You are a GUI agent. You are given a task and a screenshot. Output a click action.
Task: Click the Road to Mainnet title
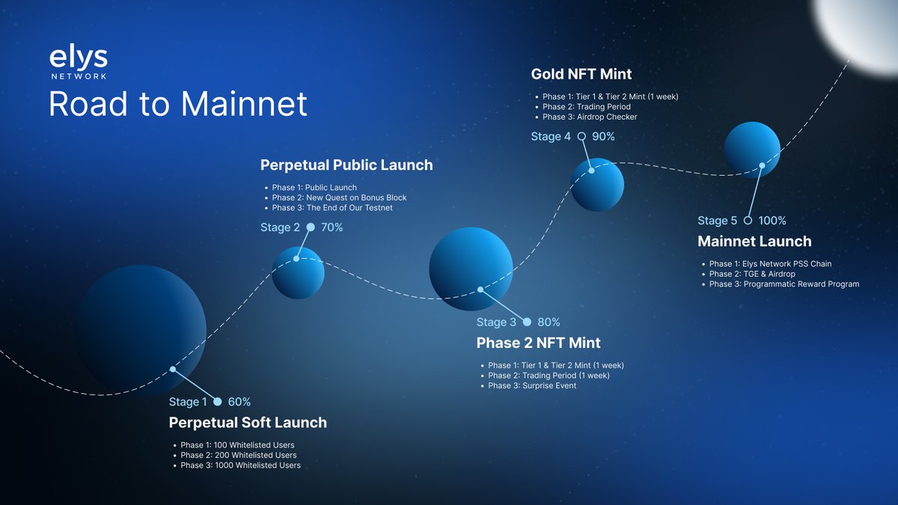(178, 104)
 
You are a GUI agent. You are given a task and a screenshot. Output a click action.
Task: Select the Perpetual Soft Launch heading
(248, 423)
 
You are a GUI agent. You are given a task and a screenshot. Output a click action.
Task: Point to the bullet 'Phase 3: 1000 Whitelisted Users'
(240, 465)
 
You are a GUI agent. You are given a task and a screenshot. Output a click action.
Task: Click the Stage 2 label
(280, 227)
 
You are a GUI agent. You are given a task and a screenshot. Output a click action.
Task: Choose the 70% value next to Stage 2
(332, 227)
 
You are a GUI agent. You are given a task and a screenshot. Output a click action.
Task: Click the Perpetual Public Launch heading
(346, 165)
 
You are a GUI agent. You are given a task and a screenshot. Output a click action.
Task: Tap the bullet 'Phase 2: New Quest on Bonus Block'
(339, 198)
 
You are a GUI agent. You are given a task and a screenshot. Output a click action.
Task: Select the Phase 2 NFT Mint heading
(538, 343)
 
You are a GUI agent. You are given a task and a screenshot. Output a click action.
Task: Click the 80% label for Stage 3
(549, 322)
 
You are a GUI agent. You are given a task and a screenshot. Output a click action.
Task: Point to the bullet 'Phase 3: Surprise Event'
(532, 386)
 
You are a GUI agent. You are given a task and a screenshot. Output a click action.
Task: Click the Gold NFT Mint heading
(581, 74)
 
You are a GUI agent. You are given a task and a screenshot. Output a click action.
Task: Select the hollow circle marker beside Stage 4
(581, 136)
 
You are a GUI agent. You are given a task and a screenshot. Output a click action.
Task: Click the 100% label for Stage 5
(772, 221)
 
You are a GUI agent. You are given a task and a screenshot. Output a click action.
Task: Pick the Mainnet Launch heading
(754, 242)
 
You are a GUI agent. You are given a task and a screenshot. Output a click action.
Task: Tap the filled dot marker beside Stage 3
(527, 322)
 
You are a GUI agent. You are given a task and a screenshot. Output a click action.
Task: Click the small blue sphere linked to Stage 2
(298, 272)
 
